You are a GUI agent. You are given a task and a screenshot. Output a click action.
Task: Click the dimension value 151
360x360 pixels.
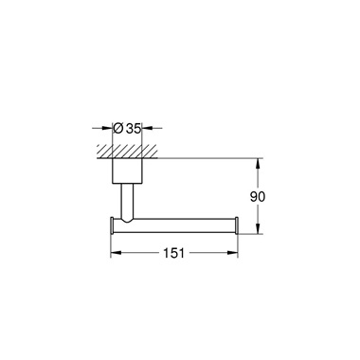point(173,253)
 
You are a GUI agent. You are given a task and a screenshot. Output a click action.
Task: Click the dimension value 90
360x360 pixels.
point(258,197)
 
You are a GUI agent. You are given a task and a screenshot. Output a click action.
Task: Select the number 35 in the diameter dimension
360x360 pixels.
point(133,129)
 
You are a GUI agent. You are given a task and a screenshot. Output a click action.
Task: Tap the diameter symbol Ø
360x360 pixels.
point(117,128)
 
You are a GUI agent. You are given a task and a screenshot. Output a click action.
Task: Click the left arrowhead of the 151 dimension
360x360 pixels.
point(116,253)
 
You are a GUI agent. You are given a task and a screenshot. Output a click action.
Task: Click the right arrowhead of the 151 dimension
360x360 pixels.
point(232,253)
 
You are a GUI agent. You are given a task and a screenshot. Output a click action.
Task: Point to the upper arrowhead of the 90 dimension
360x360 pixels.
point(259,163)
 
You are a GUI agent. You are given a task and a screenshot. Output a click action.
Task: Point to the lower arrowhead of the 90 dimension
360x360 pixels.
point(259,228)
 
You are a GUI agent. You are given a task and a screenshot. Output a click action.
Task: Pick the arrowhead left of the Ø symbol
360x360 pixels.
point(107,128)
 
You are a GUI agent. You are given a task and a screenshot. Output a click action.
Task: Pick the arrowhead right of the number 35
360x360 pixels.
point(147,128)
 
